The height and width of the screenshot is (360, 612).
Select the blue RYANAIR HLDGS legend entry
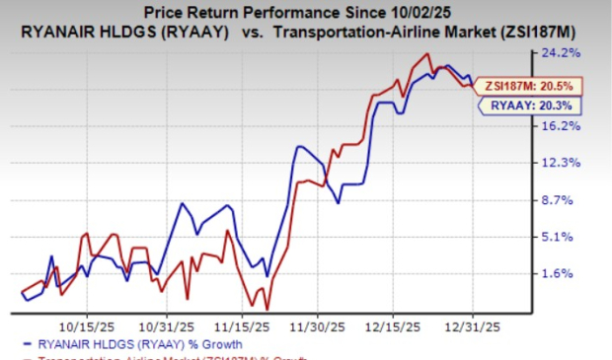(114, 343)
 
